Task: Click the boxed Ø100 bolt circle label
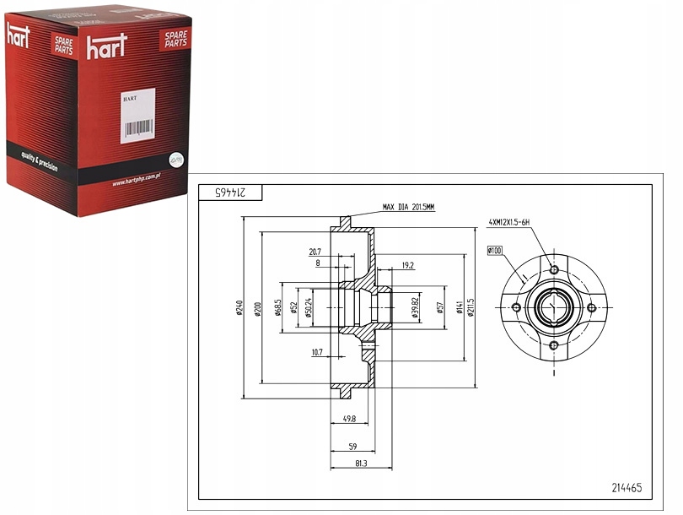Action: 494,250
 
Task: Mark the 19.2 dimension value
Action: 407,264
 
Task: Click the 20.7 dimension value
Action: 315,252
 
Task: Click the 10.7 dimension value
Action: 316,352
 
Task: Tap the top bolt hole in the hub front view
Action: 553,269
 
